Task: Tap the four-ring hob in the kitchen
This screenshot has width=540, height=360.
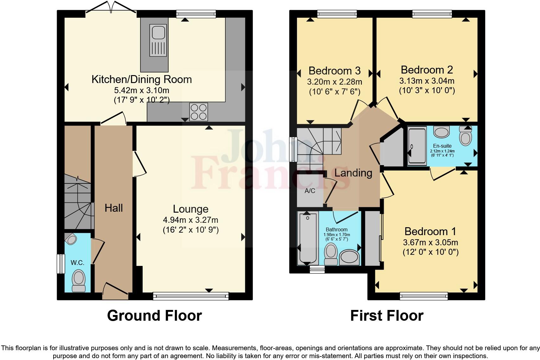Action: coord(198,112)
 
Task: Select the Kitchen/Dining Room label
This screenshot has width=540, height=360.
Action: coord(142,79)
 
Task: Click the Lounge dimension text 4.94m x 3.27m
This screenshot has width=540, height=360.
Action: coord(190,220)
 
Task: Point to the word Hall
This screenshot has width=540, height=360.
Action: coord(114,208)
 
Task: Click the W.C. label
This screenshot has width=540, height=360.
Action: coord(77,262)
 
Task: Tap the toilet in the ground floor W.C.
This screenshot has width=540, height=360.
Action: coord(79,280)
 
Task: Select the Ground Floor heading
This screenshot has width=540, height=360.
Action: coord(154,316)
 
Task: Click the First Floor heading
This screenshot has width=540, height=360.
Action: coord(387,316)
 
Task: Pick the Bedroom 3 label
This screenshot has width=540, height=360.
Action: coord(334,70)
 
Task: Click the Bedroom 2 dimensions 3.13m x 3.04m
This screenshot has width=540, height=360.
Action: coord(427,81)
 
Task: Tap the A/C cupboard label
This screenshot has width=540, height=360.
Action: coord(310,191)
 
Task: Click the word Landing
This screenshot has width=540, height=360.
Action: coord(353,173)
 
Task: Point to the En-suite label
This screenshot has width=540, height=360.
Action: coord(442,146)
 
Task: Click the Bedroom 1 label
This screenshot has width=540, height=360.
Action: coord(430,231)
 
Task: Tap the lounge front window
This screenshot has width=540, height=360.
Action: coord(191,296)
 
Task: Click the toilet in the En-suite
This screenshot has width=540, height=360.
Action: coord(465,136)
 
